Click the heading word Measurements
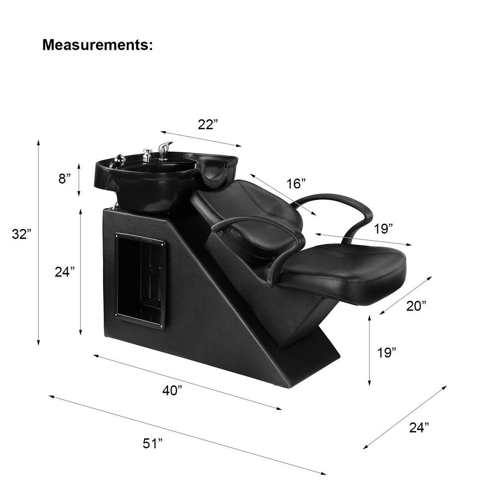pyautogui.click(x=97, y=45)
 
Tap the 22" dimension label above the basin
pyautogui.click(x=208, y=125)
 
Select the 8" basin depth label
pyautogui.click(x=64, y=179)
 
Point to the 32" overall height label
pyautogui.click(x=22, y=234)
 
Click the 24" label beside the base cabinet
pyautogui.click(x=65, y=272)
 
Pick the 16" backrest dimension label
pyautogui.click(x=296, y=183)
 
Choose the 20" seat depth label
pyautogui.click(x=416, y=306)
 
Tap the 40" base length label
pyautogui.click(x=172, y=391)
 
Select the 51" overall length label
pyautogui.click(x=153, y=443)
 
